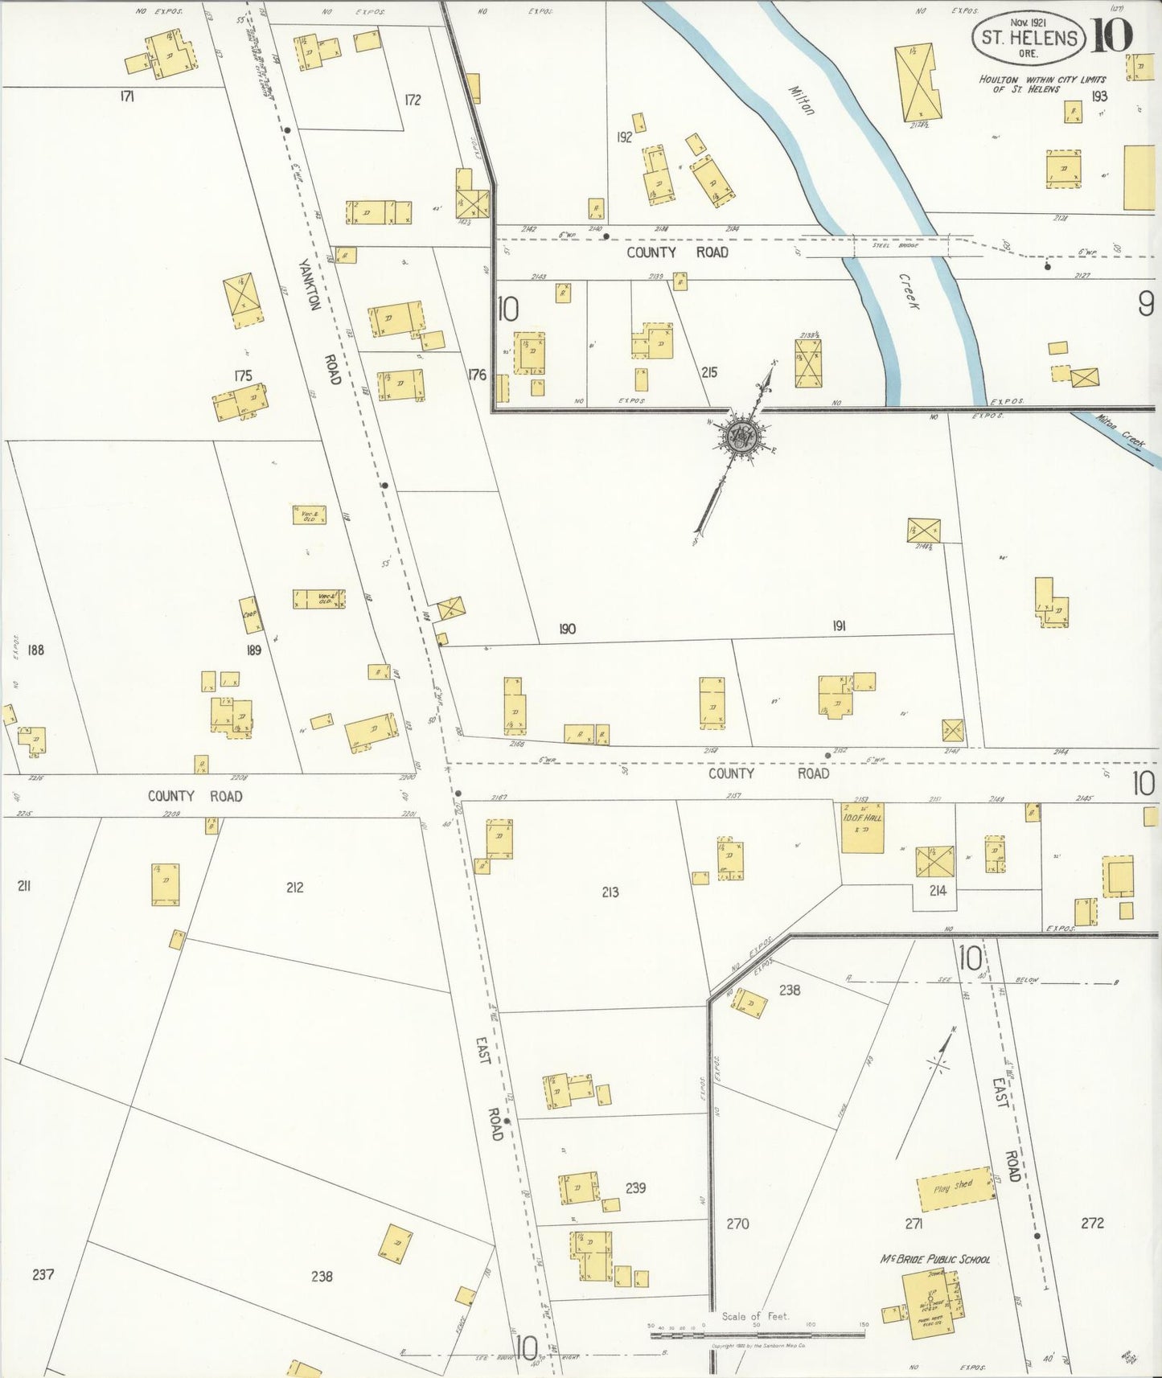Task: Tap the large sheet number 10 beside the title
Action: [1111, 34]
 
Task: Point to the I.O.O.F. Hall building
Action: [862, 827]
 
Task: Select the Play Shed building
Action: [955, 1188]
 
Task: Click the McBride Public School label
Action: [935, 1259]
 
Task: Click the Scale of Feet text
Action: [755, 1316]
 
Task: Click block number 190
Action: [567, 629]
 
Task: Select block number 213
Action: [610, 892]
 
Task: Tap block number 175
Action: [243, 375]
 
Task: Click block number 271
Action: [913, 1224]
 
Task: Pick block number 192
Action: [624, 137]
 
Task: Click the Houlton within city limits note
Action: [1042, 84]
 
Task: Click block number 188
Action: [35, 650]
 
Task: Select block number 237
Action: [43, 1274]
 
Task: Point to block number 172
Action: [413, 100]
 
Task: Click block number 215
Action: [708, 372]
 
